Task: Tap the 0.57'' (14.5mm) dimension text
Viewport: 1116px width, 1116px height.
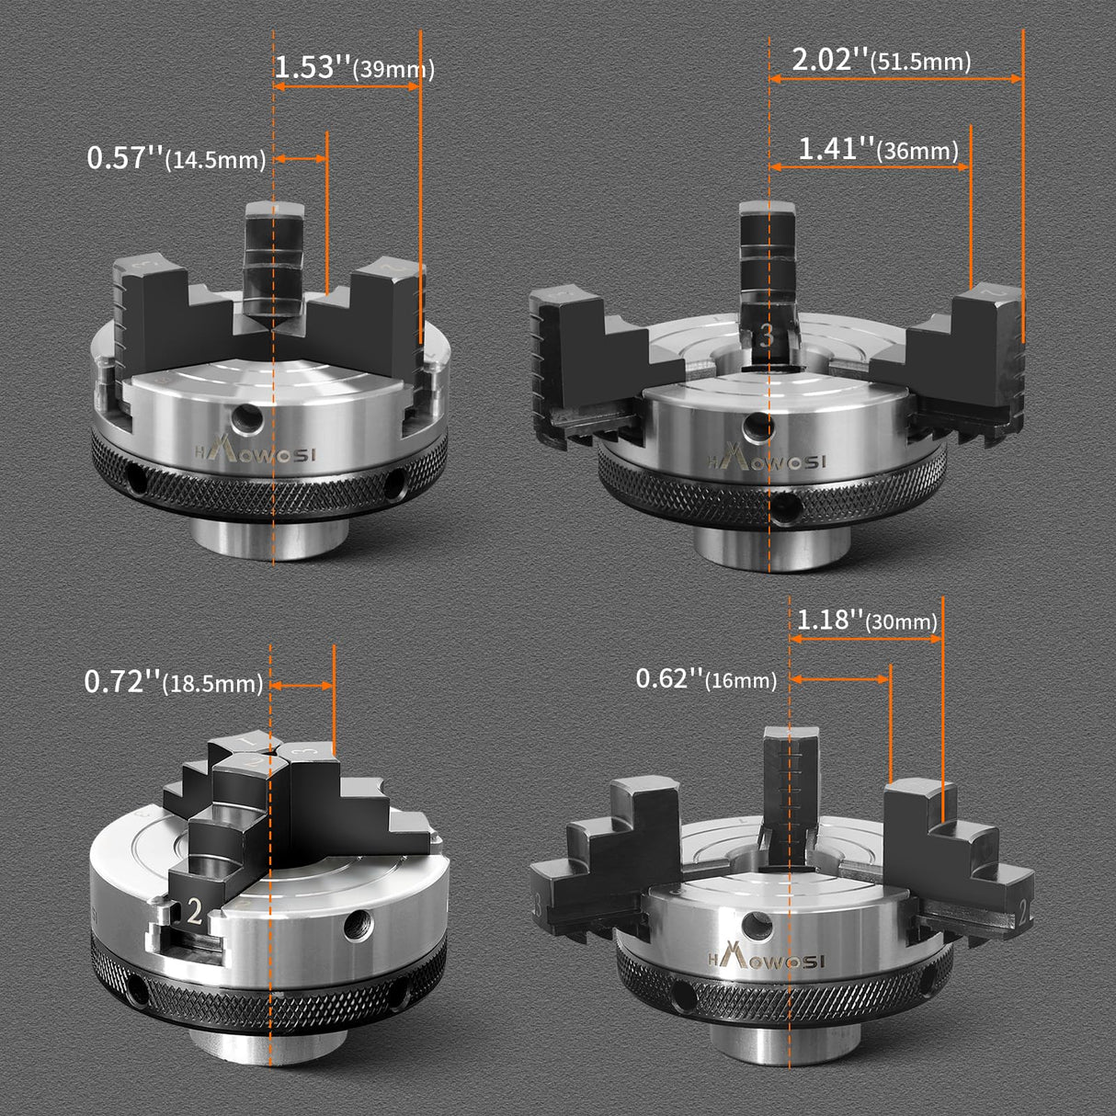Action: click(176, 158)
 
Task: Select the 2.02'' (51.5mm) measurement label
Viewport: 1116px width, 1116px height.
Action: click(881, 61)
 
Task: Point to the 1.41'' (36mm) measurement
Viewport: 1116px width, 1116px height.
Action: click(877, 149)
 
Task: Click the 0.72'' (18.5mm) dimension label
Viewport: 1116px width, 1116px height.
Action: click(173, 683)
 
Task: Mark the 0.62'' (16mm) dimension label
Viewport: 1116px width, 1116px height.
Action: click(706, 679)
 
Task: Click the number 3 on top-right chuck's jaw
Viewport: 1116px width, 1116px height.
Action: click(768, 337)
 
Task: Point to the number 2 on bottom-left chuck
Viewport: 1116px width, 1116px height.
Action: click(194, 911)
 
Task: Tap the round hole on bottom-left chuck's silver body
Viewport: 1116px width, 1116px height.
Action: click(355, 927)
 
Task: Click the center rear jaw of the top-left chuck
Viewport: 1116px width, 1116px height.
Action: click(273, 257)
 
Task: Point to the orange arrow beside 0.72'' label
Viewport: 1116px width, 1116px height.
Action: click(303, 685)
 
